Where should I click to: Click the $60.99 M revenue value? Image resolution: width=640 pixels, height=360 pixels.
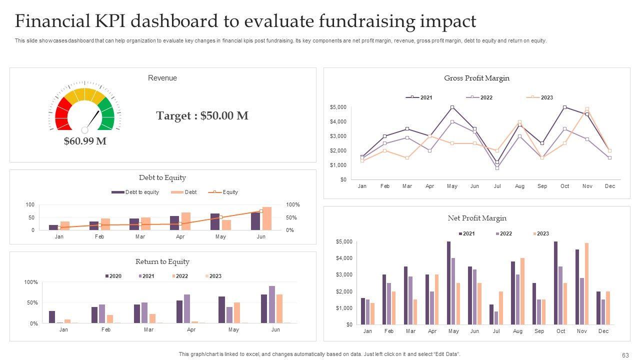click(x=85, y=141)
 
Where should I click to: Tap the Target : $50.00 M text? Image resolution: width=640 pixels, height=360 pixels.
click(x=202, y=116)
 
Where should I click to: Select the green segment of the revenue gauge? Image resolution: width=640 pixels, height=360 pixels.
click(x=107, y=114)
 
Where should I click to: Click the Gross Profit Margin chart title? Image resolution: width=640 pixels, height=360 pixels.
click(x=476, y=78)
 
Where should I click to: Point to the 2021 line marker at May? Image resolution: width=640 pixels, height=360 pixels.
click(x=452, y=107)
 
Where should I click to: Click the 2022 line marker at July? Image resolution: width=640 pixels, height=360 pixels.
click(x=497, y=168)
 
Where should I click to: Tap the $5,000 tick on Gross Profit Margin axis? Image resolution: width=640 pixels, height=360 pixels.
click(x=338, y=107)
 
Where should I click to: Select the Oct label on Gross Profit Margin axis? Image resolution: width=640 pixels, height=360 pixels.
click(x=564, y=186)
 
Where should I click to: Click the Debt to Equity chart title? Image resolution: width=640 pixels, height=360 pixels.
click(x=162, y=177)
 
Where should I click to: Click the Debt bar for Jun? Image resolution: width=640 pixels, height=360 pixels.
click(x=267, y=218)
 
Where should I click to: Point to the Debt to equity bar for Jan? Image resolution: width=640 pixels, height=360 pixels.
click(x=53, y=227)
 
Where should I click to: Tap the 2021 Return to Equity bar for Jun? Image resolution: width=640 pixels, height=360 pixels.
click(x=272, y=304)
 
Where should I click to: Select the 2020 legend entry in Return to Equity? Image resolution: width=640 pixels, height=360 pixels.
click(x=113, y=276)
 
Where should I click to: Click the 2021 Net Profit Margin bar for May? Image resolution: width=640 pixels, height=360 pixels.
click(x=449, y=283)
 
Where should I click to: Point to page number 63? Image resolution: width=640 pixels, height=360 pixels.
click(x=625, y=355)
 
